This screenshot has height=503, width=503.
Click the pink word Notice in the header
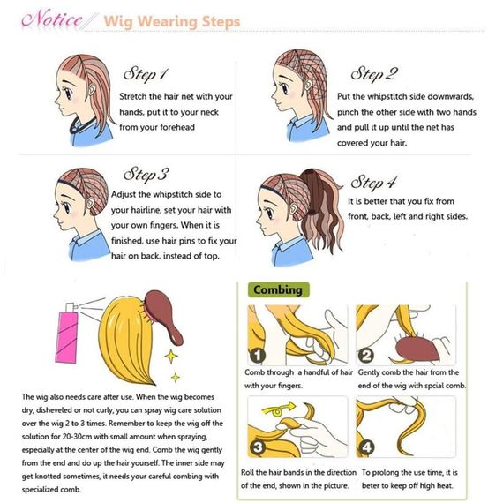pyautogui.click(x=52, y=19)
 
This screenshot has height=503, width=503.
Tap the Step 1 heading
pyautogui.click(x=146, y=74)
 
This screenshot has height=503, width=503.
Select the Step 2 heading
pyautogui.click(x=374, y=74)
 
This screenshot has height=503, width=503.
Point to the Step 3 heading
pyautogui.click(x=146, y=175)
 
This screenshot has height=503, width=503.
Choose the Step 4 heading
pyautogui.click(x=373, y=183)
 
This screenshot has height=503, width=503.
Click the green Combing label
pyautogui.click(x=278, y=290)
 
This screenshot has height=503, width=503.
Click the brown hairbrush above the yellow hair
pyautogui.click(x=163, y=316)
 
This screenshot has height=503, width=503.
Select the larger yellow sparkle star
pyautogui.click(x=171, y=357)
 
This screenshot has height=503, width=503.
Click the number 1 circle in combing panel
pyautogui.click(x=258, y=356)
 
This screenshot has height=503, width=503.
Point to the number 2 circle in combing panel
pyautogui.click(x=366, y=356)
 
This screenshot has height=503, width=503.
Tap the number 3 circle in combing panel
pyautogui.click(x=258, y=447)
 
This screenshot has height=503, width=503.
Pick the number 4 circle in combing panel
pyautogui.click(x=366, y=447)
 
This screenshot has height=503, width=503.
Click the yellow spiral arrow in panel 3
pyautogui.click(x=278, y=409)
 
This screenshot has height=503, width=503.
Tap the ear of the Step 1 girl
pyautogui.click(x=92, y=88)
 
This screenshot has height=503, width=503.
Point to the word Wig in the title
pyautogui.click(x=118, y=22)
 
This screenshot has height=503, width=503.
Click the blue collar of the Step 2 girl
pyautogui.click(x=297, y=122)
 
